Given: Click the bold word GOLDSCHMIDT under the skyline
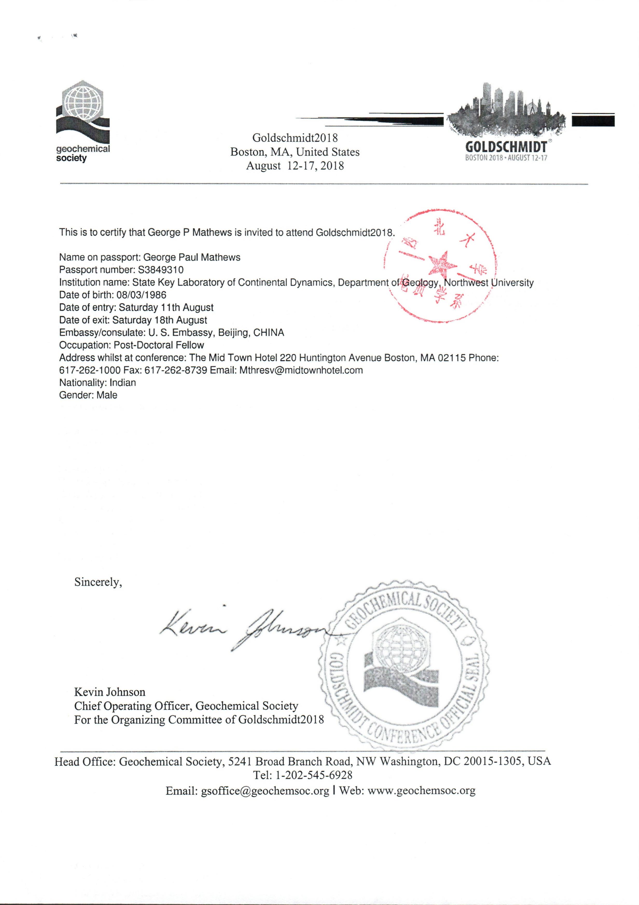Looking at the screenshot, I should pos(506,147).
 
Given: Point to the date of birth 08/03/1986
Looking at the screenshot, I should pos(141,295).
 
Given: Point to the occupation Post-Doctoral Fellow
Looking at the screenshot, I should pos(158,345).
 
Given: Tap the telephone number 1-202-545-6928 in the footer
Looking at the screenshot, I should pos(314,775).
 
